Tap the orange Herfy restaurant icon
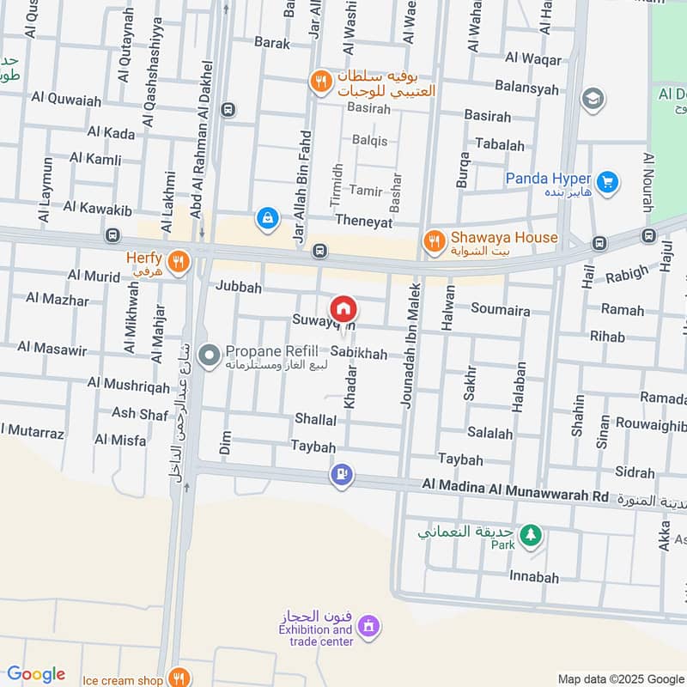(x=179, y=262)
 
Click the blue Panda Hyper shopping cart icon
(x=607, y=181)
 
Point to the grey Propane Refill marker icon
(x=208, y=354)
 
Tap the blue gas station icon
(x=342, y=474)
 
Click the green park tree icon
(x=532, y=534)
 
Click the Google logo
(x=36, y=674)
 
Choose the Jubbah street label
(x=239, y=287)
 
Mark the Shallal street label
(x=315, y=420)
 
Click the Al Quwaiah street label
(x=66, y=100)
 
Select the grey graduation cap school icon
(x=592, y=100)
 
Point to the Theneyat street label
(x=363, y=222)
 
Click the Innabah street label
(x=533, y=577)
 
